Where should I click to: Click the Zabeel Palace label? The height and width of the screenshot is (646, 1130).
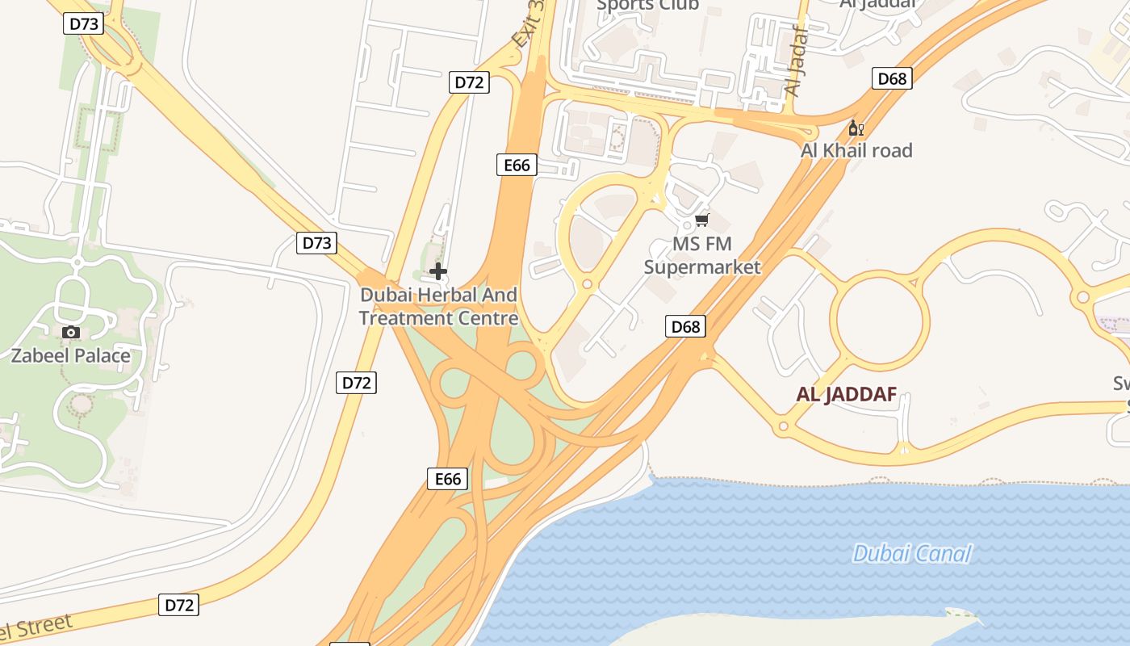click(x=70, y=355)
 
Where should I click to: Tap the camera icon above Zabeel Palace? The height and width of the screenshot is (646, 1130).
click(x=71, y=332)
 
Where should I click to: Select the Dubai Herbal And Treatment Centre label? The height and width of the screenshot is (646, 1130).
click(x=438, y=306)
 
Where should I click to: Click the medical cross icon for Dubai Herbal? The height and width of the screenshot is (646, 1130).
click(x=438, y=271)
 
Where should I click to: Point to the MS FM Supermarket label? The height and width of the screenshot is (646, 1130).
click(x=702, y=255)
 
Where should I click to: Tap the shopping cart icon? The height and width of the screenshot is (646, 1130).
click(x=701, y=220)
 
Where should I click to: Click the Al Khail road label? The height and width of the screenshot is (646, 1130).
click(x=856, y=150)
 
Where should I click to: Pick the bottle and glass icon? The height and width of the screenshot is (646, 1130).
click(x=856, y=128)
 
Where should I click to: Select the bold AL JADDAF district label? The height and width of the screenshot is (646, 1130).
click(x=847, y=394)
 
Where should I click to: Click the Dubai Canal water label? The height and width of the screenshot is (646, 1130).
click(x=911, y=553)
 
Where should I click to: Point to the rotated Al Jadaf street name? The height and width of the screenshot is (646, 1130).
click(x=796, y=61)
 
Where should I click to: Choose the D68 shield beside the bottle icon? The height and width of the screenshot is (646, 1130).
click(x=892, y=78)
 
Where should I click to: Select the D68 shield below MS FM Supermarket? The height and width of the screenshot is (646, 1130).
click(x=685, y=326)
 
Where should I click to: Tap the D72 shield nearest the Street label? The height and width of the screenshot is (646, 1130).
click(x=178, y=605)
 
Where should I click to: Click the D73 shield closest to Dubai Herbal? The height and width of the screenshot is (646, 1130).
click(x=316, y=243)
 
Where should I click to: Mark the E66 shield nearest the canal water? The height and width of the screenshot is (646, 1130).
click(x=447, y=479)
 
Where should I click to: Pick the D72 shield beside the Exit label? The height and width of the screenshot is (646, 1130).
click(x=469, y=82)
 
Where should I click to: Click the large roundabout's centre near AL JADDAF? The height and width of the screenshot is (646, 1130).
click(x=880, y=320)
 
